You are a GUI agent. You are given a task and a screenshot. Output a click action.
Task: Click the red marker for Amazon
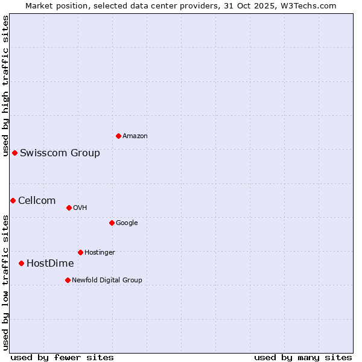(118, 136)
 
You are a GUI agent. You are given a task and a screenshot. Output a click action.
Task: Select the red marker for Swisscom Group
(14, 153)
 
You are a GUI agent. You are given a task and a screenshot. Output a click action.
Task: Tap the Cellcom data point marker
(13, 200)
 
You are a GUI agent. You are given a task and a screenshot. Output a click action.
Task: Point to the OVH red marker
(69, 208)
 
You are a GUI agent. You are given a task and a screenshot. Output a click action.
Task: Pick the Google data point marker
(112, 223)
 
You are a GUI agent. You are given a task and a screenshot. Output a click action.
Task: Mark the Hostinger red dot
(80, 252)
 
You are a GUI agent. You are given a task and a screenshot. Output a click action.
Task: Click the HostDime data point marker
(21, 263)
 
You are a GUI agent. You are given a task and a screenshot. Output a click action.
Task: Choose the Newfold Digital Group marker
(68, 280)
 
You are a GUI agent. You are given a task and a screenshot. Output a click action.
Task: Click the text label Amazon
(135, 136)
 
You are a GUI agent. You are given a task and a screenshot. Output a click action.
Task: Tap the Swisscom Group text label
(60, 153)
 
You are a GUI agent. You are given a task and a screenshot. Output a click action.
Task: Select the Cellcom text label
(37, 201)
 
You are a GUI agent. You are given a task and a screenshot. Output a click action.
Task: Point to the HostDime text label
(50, 264)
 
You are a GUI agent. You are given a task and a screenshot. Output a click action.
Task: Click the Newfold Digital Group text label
(107, 280)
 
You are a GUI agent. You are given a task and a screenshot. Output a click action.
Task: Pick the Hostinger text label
(100, 252)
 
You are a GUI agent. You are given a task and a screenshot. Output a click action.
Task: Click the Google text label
(127, 223)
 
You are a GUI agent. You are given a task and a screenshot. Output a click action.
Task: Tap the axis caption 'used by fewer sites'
(62, 357)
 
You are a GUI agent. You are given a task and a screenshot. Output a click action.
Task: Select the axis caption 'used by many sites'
(303, 357)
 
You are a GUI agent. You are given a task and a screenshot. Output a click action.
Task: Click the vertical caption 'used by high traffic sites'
(5, 86)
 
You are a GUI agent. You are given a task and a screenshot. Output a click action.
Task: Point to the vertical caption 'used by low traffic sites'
(5, 282)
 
